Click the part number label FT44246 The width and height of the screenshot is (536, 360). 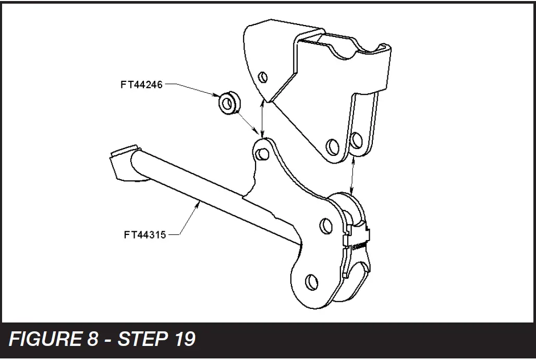(141, 84)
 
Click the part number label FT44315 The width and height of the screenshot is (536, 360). (144, 234)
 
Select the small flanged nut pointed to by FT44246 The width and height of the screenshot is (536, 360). (227, 103)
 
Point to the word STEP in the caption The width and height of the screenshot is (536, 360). (140, 339)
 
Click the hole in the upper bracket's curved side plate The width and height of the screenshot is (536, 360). (263, 78)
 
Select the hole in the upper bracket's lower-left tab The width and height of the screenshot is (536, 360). (330, 144)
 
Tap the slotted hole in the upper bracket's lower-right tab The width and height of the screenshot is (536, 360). (357, 140)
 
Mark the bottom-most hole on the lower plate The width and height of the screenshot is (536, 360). (311, 281)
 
